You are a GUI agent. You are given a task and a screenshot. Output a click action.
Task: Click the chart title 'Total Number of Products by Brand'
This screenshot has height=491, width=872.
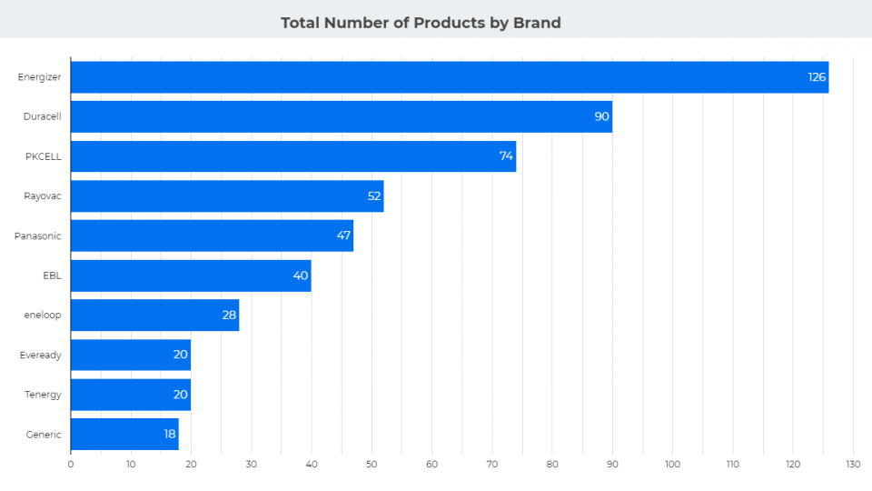click(x=421, y=23)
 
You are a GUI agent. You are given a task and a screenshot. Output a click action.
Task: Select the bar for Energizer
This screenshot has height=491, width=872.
click(x=450, y=77)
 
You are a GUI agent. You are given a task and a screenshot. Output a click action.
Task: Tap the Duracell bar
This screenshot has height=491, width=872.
click(x=341, y=116)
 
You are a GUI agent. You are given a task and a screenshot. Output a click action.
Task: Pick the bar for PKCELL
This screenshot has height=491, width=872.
click(x=292, y=156)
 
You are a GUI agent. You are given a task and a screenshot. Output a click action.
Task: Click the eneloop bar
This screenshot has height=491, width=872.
click(x=154, y=316)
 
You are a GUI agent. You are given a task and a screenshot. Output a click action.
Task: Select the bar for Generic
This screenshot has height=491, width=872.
click(x=124, y=435)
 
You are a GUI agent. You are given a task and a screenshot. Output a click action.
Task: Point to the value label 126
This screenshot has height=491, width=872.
click(x=817, y=77)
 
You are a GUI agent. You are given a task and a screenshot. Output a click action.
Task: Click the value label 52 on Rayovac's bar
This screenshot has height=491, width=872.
click(x=372, y=196)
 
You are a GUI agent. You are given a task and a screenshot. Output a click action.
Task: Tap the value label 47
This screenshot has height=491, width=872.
click(x=343, y=235)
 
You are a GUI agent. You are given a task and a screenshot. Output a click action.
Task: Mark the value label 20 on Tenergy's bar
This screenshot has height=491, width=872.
click(x=180, y=395)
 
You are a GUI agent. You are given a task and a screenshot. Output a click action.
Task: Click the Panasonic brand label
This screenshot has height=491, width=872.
click(x=38, y=236)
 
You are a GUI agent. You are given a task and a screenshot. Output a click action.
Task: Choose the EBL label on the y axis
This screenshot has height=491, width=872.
click(x=52, y=276)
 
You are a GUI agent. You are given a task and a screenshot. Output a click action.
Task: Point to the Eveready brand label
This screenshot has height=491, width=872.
click(x=41, y=356)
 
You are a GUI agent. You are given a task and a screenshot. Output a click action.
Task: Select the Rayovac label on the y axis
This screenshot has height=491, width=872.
click(x=43, y=196)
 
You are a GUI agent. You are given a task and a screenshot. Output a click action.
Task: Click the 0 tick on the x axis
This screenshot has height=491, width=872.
click(x=71, y=465)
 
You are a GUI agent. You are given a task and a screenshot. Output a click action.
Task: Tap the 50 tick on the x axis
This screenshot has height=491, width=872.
click(x=372, y=465)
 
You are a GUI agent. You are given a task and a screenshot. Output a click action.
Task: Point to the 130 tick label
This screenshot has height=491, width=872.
click(x=852, y=465)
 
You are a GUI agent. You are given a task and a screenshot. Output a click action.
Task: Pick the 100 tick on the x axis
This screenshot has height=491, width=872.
click(x=672, y=465)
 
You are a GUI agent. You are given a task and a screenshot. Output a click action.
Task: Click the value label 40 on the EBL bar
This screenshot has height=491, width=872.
click(x=301, y=276)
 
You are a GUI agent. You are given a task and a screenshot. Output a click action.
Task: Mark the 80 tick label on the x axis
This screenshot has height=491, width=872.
click(x=551, y=465)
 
